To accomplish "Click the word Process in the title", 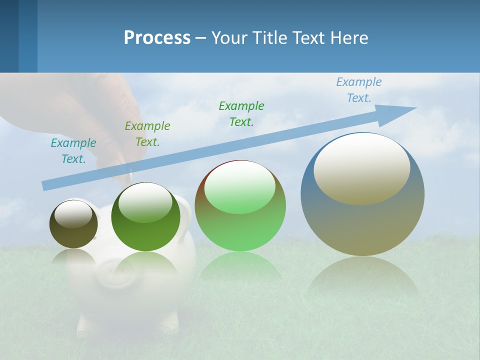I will tap(157, 37).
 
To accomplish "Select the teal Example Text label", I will tap(73, 151).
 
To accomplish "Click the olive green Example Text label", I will tap(147, 134).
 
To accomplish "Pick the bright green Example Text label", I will tap(241, 114).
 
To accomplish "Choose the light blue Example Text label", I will tap(359, 90).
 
